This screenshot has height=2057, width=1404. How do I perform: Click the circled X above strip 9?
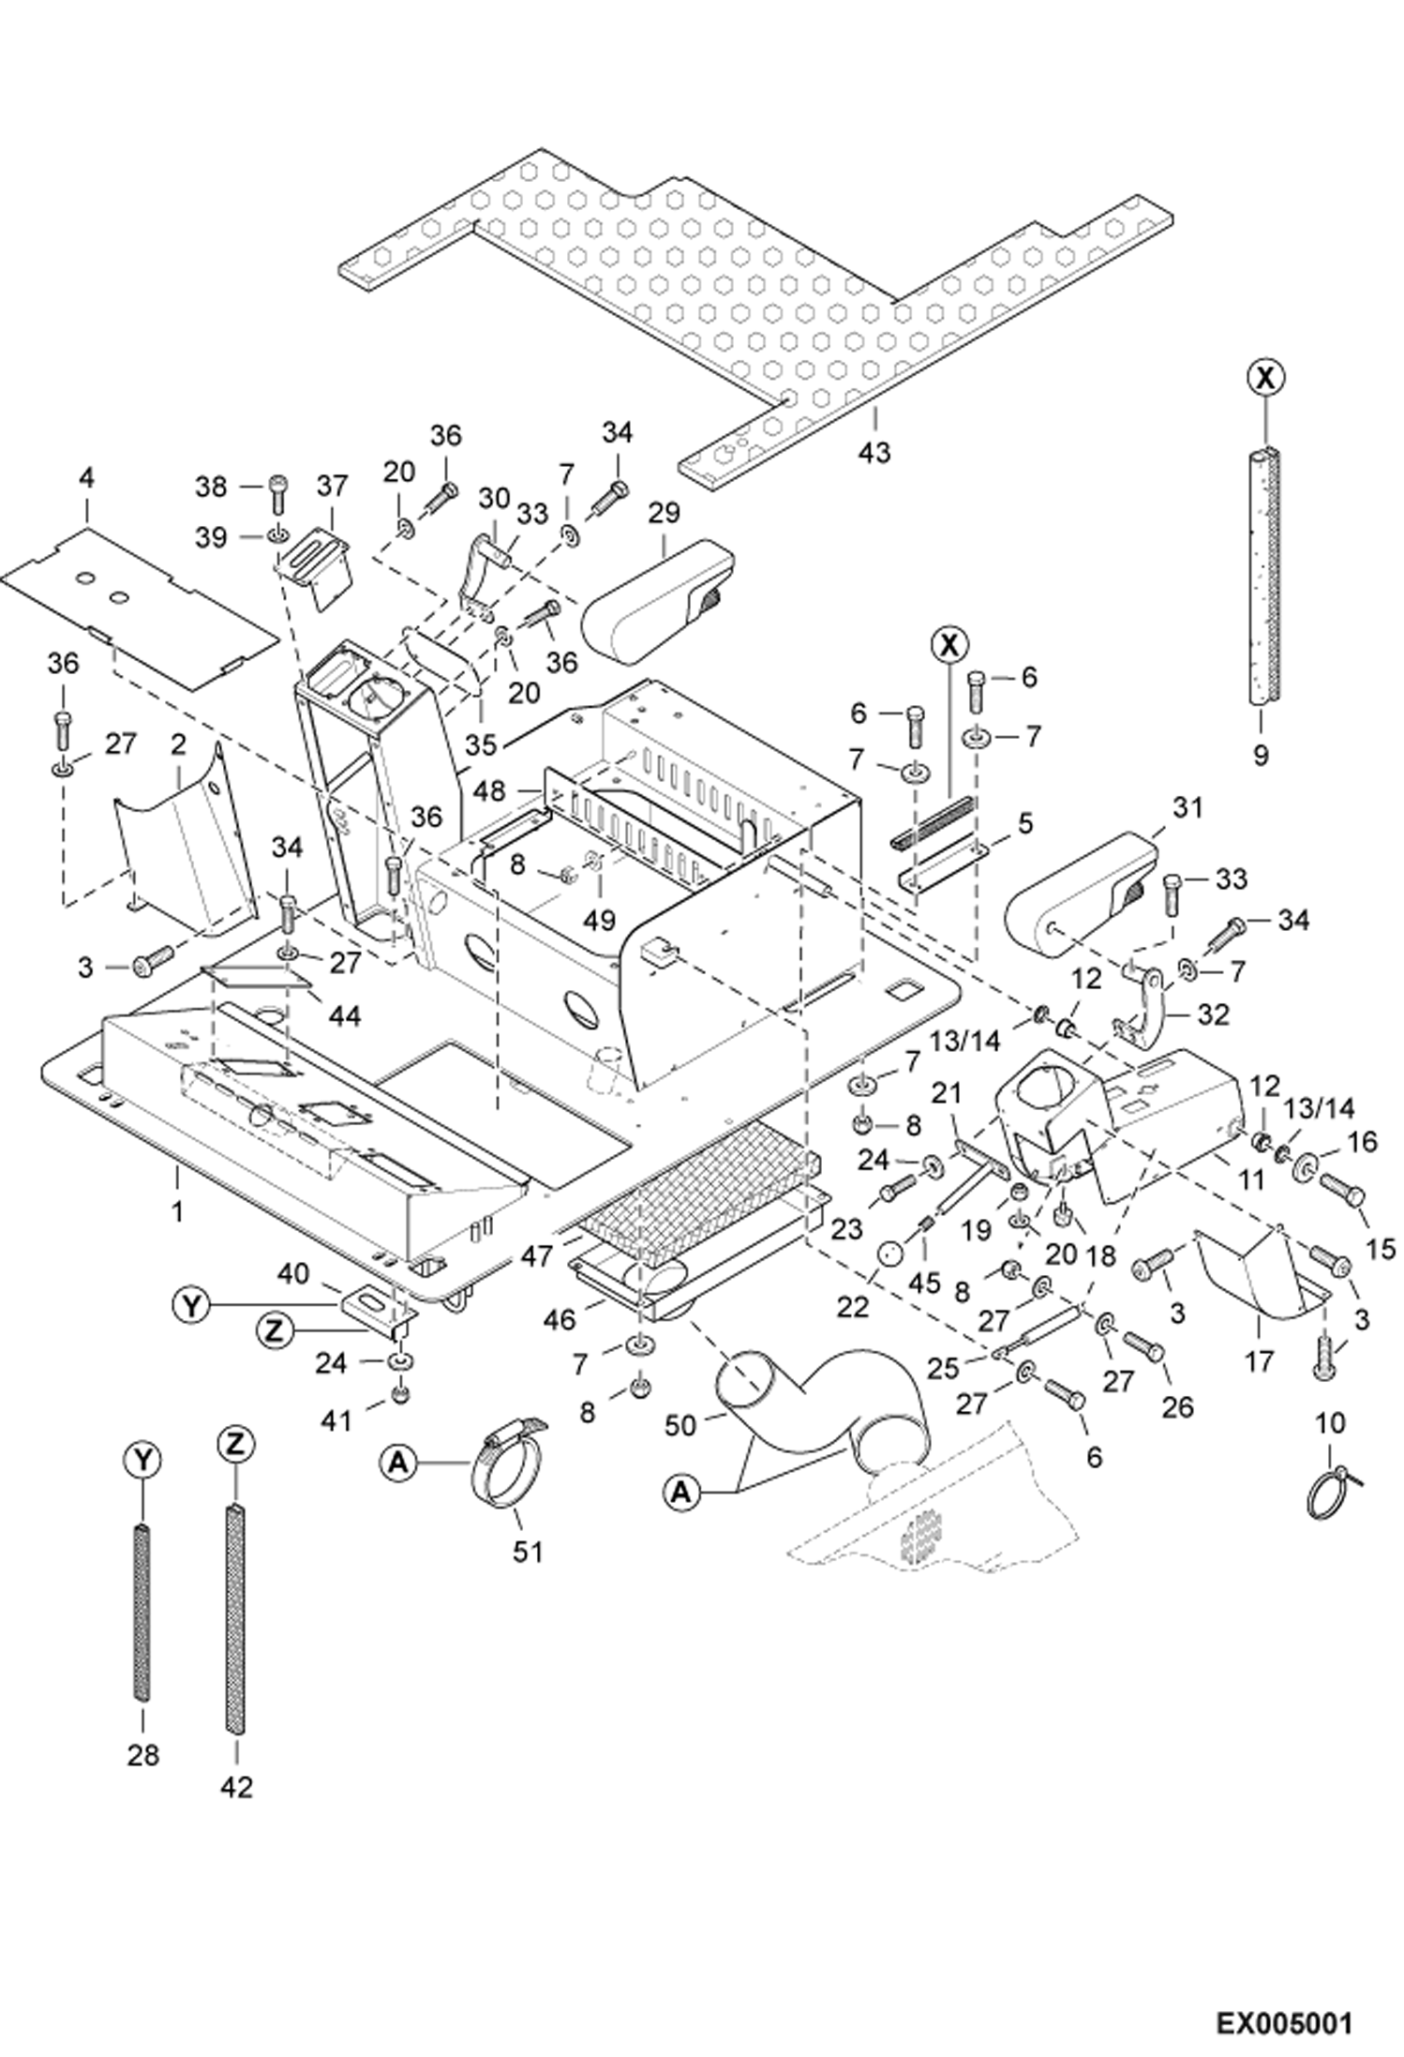(1265, 378)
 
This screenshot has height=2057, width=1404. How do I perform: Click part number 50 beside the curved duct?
(681, 1426)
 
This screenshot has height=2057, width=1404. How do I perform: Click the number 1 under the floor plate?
(177, 1212)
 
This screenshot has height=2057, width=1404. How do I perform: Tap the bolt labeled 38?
(278, 486)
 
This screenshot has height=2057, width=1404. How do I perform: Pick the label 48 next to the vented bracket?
(488, 792)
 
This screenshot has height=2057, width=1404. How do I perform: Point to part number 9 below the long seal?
(1261, 754)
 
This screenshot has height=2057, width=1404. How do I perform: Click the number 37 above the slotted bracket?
(332, 486)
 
